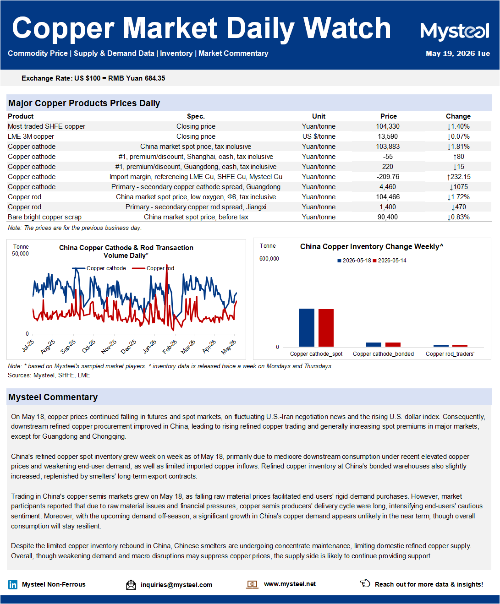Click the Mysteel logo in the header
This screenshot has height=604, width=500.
pos(454,31)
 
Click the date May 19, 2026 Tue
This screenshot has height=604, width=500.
pos(458,54)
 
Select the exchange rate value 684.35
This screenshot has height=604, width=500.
pos(155,78)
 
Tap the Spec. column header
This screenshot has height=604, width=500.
pos(196,116)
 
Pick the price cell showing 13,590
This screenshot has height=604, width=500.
pos(388,136)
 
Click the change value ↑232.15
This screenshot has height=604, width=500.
pos(458,177)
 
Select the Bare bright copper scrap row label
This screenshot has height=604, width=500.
pos(44,217)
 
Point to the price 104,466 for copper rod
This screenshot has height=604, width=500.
pos(388,197)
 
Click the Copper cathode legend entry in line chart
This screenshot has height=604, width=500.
pos(99,268)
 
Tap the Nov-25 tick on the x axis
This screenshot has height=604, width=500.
pos(109,347)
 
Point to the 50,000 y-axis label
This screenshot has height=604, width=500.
pos(20,254)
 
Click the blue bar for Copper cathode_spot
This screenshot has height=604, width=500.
pos(307,327)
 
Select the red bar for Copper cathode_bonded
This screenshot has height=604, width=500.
pos(393,344)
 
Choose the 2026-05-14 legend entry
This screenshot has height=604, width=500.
pos(390,261)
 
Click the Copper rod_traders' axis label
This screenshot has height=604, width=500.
pos(450,354)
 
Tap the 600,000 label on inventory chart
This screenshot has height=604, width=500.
pos(269,259)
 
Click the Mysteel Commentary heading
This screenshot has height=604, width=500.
pos(53,397)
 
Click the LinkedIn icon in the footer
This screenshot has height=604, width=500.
pos(13,584)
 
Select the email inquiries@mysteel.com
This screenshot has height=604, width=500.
pos(176,585)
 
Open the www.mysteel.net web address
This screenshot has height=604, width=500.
pos(290,584)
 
